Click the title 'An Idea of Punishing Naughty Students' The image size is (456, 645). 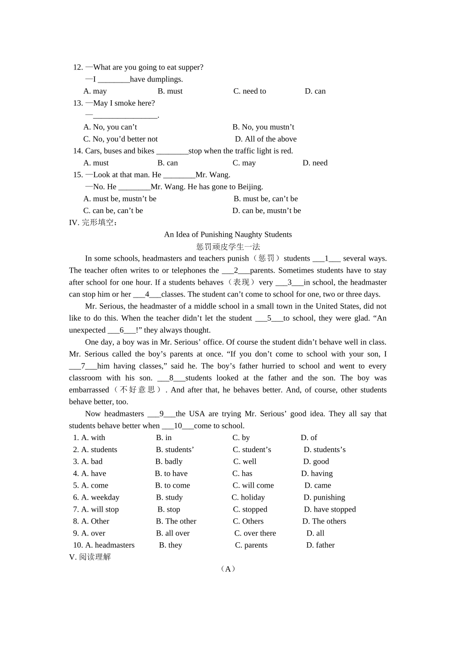[228, 234]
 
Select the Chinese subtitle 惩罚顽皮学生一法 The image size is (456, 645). [228, 246]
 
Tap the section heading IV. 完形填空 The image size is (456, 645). [93, 222]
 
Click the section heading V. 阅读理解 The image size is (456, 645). [90, 557]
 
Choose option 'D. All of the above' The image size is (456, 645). [265, 139]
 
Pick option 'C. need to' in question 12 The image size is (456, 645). [250, 91]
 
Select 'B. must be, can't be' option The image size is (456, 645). [265, 198]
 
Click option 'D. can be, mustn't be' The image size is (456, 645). [266, 210]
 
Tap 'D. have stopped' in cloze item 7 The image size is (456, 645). [330, 509]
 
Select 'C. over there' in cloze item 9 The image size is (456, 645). [255, 533]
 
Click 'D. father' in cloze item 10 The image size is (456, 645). [320, 545]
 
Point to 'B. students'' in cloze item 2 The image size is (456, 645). [175, 449]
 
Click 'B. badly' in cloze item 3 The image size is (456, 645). [169, 461]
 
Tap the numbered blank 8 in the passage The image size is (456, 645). [171, 378]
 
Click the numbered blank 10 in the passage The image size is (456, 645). [178, 425]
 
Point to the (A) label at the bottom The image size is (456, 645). [228, 569]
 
